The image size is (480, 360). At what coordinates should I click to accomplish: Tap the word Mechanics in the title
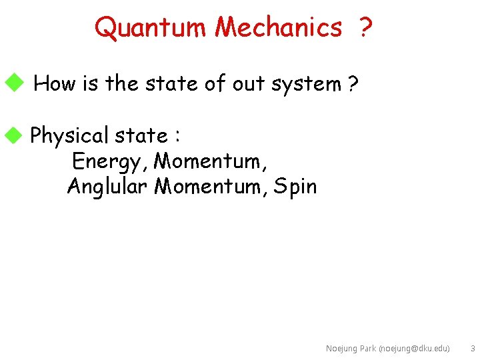[x=278, y=27]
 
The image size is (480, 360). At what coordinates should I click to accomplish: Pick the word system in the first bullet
[x=305, y=84]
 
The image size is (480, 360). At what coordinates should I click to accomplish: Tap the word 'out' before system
[x=248, y=84]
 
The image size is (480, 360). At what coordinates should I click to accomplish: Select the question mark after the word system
[x=353, y=84]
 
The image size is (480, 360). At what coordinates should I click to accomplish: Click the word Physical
[x=70, y=136]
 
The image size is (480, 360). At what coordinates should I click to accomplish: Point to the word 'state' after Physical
[x=141, y=135]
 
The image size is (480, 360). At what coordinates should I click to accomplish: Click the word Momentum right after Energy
[x=208, y=161]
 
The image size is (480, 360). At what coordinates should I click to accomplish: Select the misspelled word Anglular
[x=107, y=187]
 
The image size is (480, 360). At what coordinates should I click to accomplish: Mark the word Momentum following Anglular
[x=210, y=187]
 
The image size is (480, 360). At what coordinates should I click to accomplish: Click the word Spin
[x=295, y=187]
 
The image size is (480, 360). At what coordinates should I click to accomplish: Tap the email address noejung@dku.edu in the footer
[x=414, y=349]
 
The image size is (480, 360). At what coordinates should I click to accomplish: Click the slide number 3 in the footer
[x=472, y=349]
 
